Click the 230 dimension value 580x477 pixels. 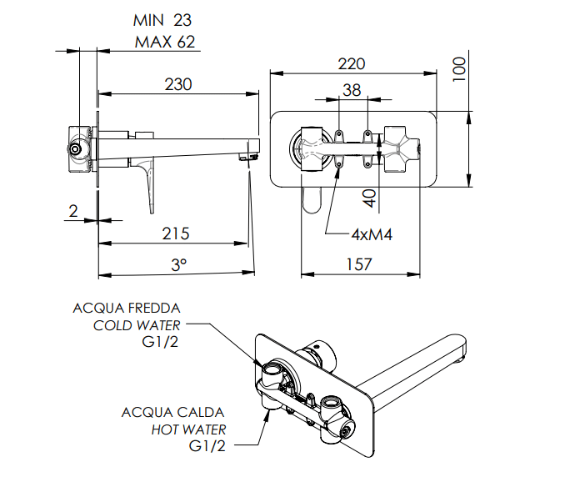(x=178, y=84)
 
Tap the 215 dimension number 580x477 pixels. (x=176, y=233)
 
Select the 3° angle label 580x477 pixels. (x=179, y=265)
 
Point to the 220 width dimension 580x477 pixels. (x=352, y=63)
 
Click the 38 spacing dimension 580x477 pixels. (x=352, y=90)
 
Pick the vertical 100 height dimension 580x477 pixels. (x=459, y=69)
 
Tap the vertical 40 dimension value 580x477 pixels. (x=369, y=198)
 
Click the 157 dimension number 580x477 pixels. (x=359, y=264)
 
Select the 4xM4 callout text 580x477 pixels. (x=372, y=234)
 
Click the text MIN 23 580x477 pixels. (x=162, y=20)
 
